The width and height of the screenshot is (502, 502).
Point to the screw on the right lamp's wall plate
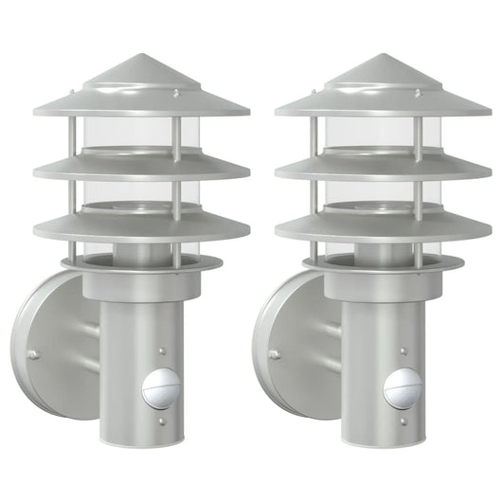pyautogui.click(x=275, y=355)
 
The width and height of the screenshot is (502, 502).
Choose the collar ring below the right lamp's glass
pyautogui.click(x=383, y=266)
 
